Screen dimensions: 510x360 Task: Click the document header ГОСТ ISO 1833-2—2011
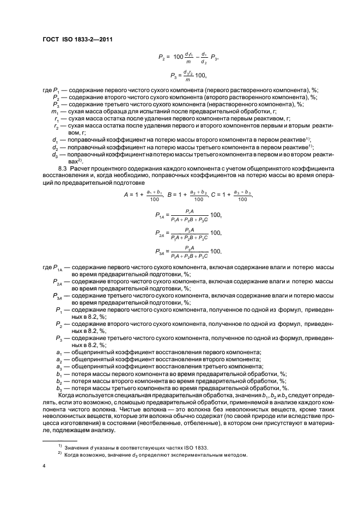77,38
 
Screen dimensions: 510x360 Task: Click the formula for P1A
188,216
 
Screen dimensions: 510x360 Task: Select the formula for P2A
188,233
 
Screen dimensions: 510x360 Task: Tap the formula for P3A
188,251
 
